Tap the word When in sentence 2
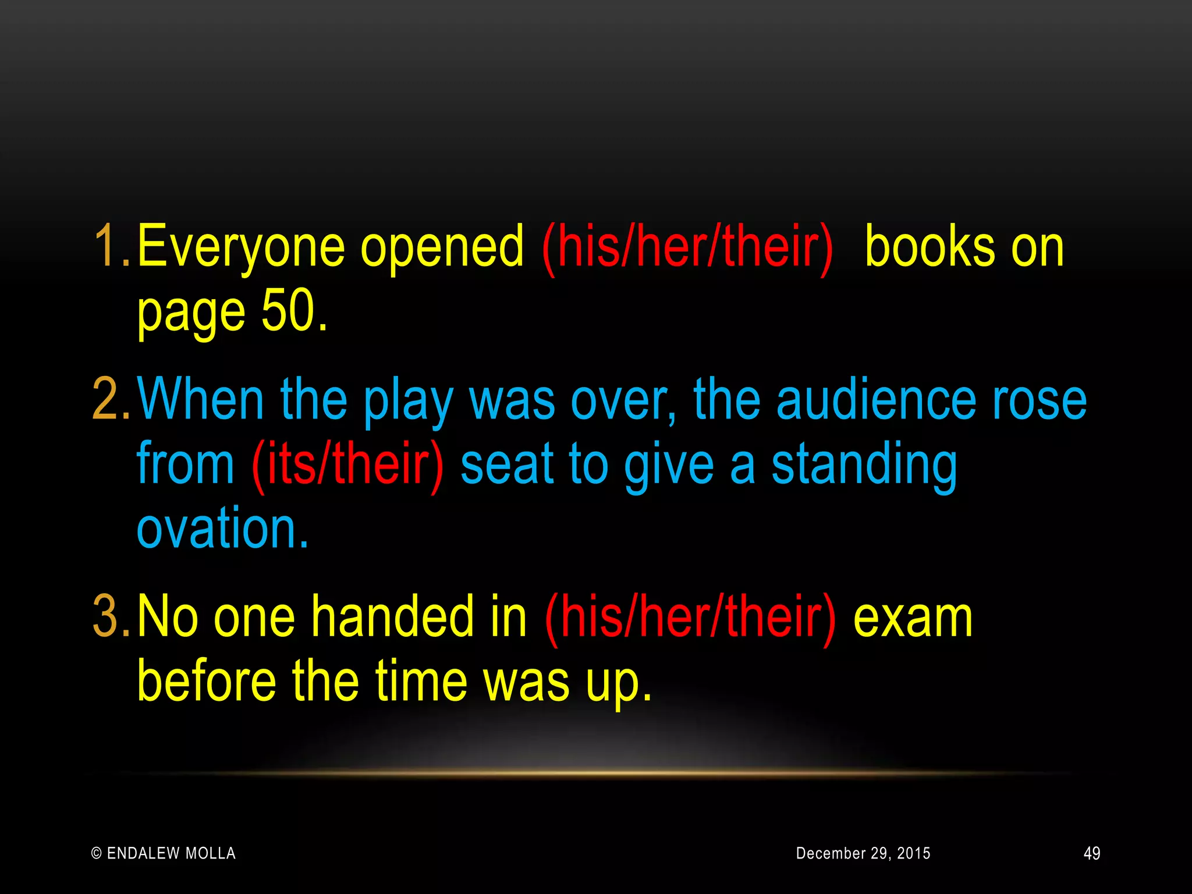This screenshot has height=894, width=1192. tap(201, 400)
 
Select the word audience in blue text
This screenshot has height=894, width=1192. tap(876, 400)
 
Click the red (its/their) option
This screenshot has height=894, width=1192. tap(347, 466)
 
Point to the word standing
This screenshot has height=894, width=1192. tap(864, 466)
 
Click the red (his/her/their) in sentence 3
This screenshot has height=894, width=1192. tap(690, 617)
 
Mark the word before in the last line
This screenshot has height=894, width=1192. tap(207, 681)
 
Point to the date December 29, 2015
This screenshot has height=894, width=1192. tap(863, 853)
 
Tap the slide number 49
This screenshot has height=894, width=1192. tap(1092, 853)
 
